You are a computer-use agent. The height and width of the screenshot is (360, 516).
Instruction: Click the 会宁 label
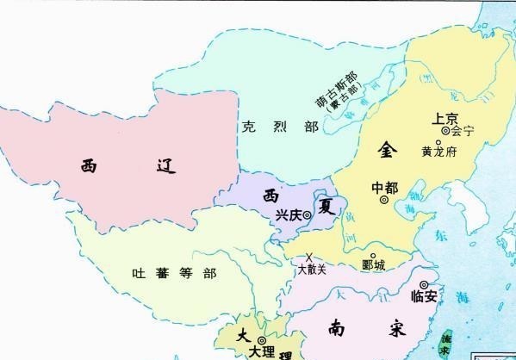[463, 132]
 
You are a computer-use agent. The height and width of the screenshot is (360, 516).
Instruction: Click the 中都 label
[384, 187]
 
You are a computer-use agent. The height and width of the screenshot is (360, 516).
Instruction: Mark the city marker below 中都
[384, 201]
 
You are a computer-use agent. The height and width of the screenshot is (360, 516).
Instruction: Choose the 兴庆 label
[289, 214]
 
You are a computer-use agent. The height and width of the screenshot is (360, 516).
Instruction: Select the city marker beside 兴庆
[308, 215]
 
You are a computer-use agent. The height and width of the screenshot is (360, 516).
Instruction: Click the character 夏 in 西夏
[327, 208]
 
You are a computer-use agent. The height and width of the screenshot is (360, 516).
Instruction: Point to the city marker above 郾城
[373, 256]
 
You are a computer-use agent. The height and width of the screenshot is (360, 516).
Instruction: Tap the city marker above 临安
[424, 283]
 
